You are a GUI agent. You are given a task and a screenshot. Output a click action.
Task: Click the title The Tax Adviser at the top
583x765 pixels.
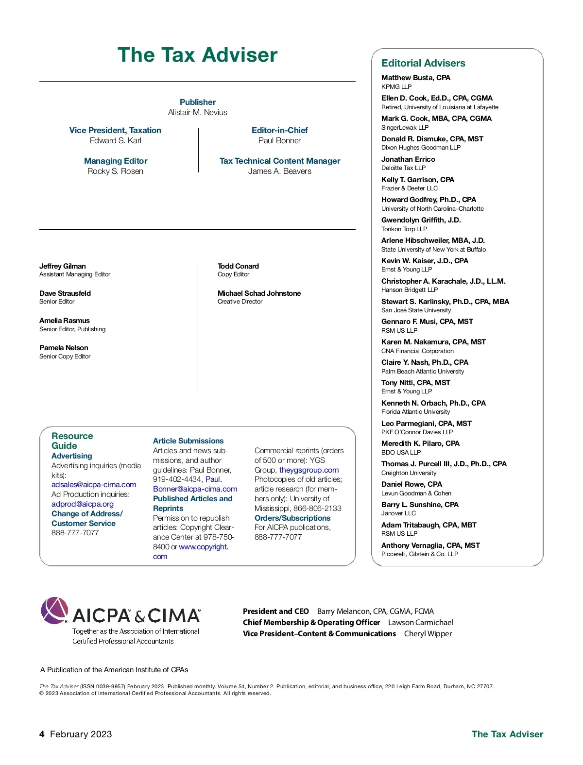[197, 55]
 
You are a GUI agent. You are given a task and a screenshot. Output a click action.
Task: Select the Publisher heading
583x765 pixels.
[198, 102]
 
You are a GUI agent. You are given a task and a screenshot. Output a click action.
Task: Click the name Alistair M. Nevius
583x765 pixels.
[198, 112]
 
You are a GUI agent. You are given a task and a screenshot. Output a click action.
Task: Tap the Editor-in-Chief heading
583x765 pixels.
[279, 130]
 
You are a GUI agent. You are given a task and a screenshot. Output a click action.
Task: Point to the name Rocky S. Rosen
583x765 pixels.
[115, 171]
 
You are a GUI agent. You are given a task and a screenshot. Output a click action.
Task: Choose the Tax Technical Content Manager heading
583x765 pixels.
[280, 161]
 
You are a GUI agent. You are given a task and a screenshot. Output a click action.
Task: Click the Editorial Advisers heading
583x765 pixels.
[423, 63]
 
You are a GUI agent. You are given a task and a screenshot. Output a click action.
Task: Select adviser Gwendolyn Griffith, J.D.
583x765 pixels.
[421, 220]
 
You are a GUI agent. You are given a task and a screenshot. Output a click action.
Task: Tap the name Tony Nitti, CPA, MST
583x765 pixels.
[415, 383]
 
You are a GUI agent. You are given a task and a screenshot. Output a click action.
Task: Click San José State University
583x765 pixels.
[416, 310]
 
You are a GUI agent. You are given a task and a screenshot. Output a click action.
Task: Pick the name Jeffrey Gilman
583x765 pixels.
[63, 266]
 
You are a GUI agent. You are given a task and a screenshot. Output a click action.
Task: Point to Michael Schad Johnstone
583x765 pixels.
[259, 293]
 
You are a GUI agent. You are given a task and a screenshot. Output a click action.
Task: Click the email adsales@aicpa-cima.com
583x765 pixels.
[94, 485]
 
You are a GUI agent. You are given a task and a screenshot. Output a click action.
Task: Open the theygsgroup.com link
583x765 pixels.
[309, 470]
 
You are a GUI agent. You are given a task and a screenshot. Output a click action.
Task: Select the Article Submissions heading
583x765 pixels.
[188, 441]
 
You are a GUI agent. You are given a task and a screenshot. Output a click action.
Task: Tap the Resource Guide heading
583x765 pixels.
[71, 441]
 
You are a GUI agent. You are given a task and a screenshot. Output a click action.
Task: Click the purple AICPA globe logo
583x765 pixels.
[54, 610]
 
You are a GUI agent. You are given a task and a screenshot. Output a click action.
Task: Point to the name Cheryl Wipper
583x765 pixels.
[428, 634]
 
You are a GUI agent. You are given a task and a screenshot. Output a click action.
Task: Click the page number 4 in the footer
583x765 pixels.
[42, 734]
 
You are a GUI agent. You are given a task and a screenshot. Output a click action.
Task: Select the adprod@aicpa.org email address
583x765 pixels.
[83, 504]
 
